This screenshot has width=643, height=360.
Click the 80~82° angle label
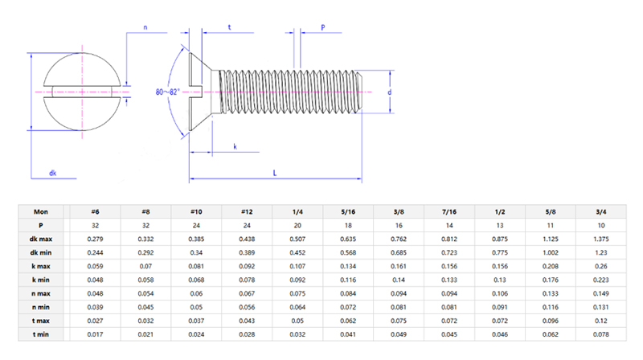point(167,92)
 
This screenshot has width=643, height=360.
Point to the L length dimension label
point(276,172)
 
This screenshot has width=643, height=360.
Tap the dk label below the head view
point(52,173)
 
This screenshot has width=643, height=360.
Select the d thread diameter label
point(389,92)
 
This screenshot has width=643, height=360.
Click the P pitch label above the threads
point(322,27)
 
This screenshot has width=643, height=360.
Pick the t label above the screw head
point(229,27)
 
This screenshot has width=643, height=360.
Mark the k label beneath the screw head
point(235,146)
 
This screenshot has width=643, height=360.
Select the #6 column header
point(95,211)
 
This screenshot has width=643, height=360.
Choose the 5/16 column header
point(347,211)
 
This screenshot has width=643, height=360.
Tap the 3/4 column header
point(600,211)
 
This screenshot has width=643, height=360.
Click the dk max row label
point(41,239)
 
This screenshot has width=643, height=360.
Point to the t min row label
point(41,333)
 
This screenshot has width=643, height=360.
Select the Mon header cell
point(41,211)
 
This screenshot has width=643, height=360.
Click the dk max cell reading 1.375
point(600,239)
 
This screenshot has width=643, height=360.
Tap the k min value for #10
point(195,280)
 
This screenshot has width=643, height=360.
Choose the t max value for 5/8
point(550,320)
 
